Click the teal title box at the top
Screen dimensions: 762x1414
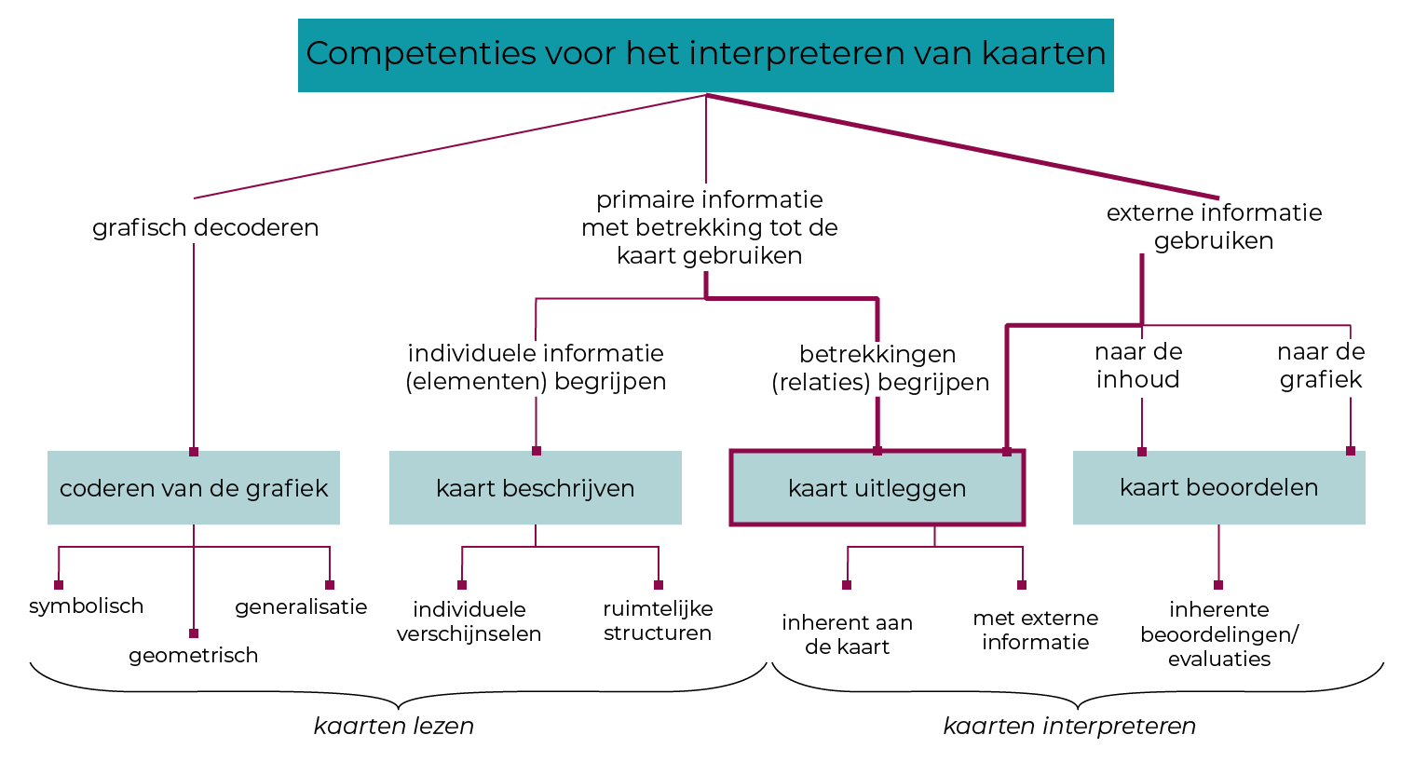coord(705,54)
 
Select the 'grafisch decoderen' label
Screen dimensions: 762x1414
coord(205,227)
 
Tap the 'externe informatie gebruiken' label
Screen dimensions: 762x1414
coord(1214,226)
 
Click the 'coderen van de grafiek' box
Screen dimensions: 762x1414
coord(194,488)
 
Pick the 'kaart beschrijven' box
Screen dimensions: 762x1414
coord(536,488)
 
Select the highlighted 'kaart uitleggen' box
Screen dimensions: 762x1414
coord(877,488)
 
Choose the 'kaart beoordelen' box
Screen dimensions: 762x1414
coord(1218,487)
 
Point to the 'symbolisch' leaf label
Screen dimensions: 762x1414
coord(87,606)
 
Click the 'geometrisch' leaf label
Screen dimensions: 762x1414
coord(194,656)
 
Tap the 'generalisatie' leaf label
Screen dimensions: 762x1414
coord(301,607)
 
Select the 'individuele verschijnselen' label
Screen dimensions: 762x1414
coord(469,621)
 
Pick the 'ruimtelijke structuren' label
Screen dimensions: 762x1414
coord(658,620)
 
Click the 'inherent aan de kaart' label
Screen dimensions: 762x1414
coord(847,634)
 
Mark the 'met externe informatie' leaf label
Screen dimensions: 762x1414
coord(1035,630)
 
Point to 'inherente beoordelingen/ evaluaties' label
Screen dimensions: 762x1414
coord(1218,633)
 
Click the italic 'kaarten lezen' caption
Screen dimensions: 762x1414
coord(394,726)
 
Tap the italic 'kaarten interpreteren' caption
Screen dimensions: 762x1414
coord(1069,726)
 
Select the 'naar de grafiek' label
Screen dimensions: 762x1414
coord(1321,365)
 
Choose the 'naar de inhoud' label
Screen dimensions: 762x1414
coord(1138,365)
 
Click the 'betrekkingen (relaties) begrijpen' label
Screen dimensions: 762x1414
coord(880,368)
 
